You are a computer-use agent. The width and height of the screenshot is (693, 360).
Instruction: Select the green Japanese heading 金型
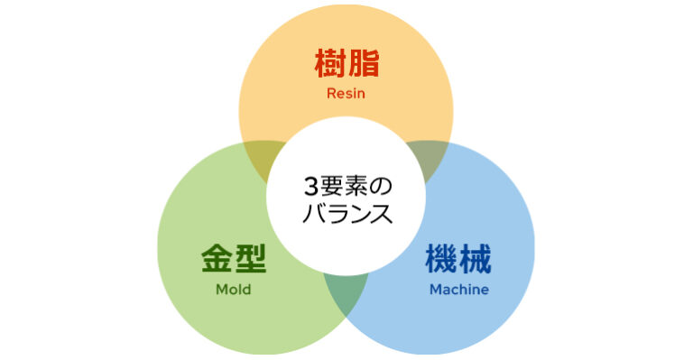coord(233,260)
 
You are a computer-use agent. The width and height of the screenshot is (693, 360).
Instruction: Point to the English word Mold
coord(233,290)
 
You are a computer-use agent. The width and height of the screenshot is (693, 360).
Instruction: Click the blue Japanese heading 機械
coord(458,260)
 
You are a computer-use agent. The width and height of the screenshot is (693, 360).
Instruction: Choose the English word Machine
coord(458,290)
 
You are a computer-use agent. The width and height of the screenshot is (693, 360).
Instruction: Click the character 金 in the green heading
coord(217,260)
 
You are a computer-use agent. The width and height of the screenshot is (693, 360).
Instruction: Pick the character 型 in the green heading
coord(250,260)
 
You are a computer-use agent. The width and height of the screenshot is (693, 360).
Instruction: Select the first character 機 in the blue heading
coord(441,260)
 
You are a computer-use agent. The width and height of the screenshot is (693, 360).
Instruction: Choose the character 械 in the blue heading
coord(475,260)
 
